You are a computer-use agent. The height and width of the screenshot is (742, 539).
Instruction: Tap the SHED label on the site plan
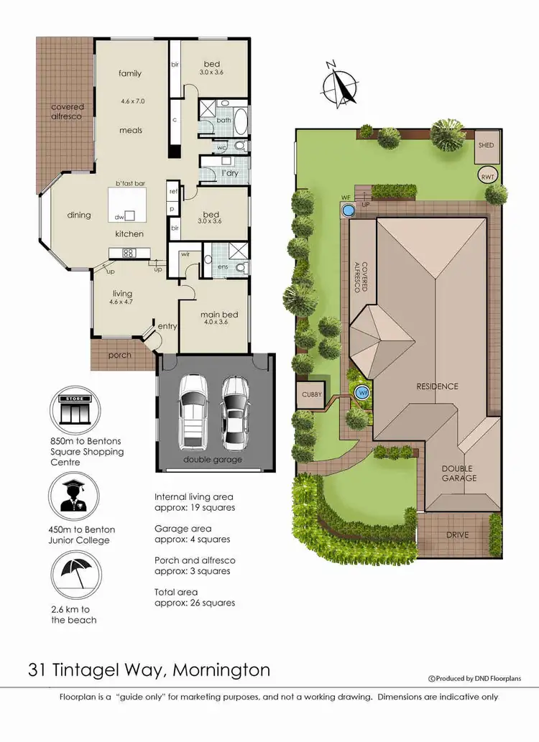click(x=487, y=145)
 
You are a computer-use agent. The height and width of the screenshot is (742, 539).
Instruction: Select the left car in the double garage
click(x=192, y=411)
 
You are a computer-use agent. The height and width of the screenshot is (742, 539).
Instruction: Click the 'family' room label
click(x=130, y=73)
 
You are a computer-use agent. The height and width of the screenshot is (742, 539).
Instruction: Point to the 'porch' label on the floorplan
click(x=119, y=355)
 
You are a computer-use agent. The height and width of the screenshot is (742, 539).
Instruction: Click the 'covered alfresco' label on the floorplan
click(x=67, y=111)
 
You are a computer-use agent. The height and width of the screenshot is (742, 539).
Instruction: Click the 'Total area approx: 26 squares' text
click(x=195, y=598)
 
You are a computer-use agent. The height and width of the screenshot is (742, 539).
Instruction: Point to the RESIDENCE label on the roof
click(x=437, y=386)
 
